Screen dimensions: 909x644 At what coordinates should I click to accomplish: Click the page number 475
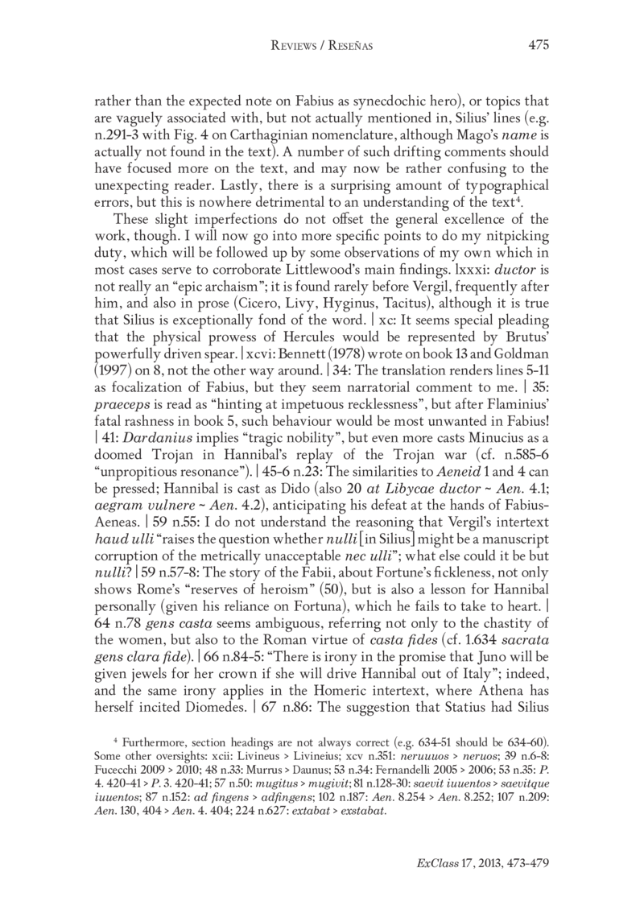pyautogui.click(x=538, y=46)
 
